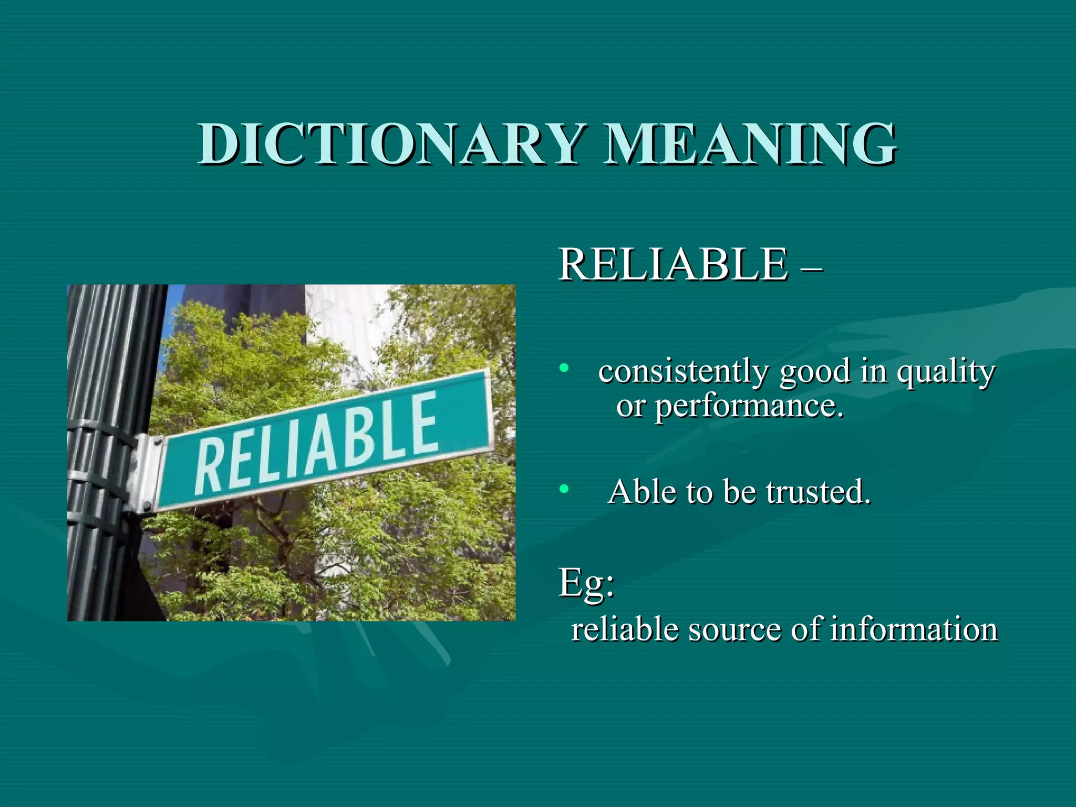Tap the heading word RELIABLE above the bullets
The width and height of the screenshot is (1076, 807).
(x=673, y=264)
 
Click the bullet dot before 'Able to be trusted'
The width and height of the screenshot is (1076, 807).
(x=564, y=490)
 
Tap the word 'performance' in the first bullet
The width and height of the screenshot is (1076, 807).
(x=749, y=407)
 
